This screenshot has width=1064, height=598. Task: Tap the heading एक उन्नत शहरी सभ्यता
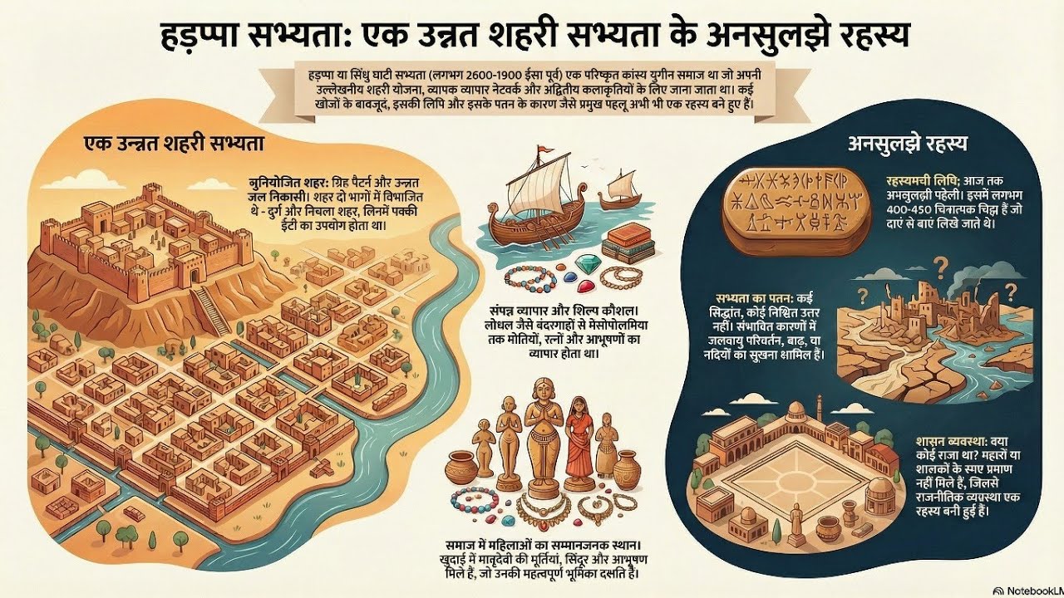coord(174,143)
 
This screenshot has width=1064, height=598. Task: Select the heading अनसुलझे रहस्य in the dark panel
coord(907,143)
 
